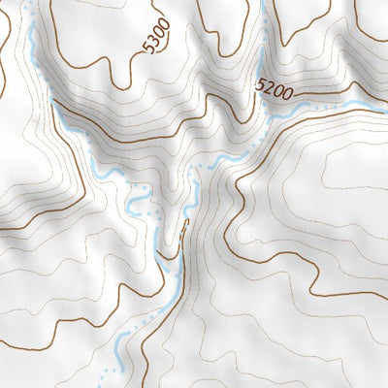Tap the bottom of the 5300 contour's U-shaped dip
click(122, 85)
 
